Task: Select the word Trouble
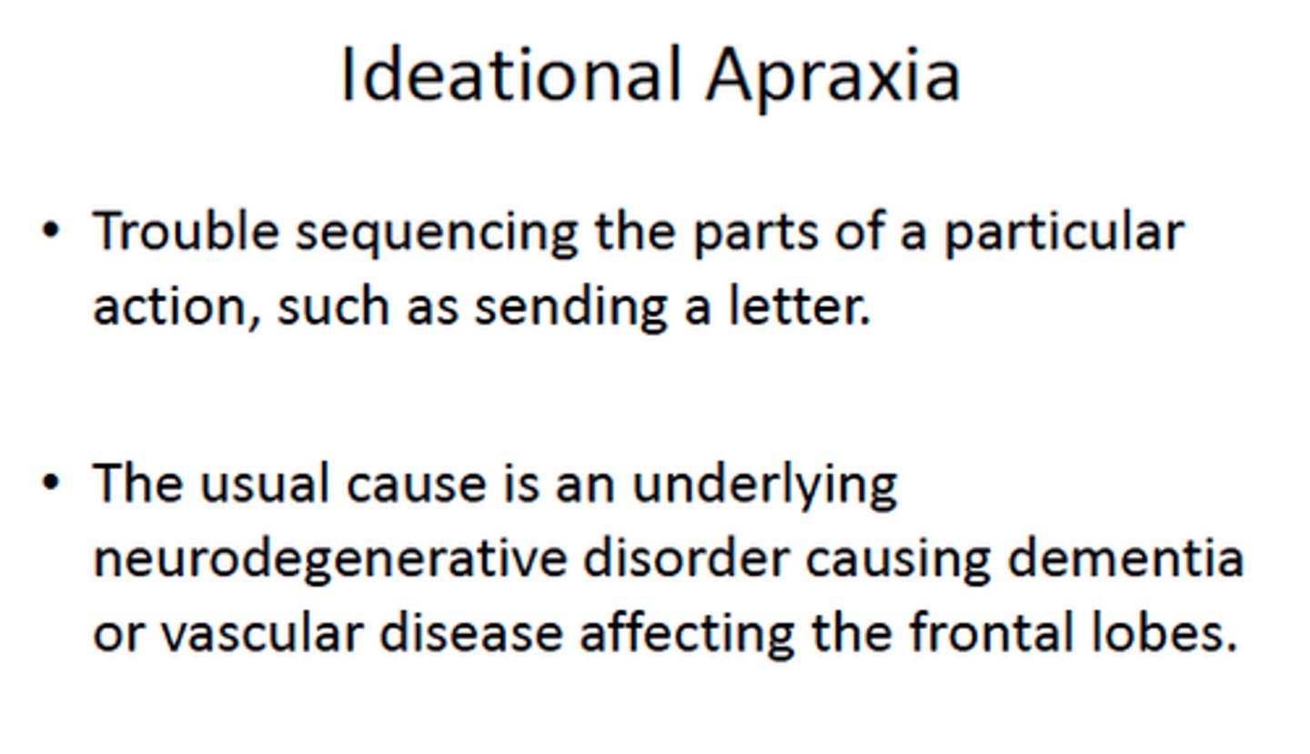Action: pyautogui.click(x=186, y=231)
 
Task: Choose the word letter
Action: pyautogui.click(x=800, y=307)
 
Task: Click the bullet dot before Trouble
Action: pyautogui.click(x=51, y=231)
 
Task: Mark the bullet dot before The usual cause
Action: pyautogui.click(x=51, y=482)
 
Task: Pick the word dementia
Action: pyautogui.click(x=1124, y=558)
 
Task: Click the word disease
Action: pyautogui.click(x=470, y=632)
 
